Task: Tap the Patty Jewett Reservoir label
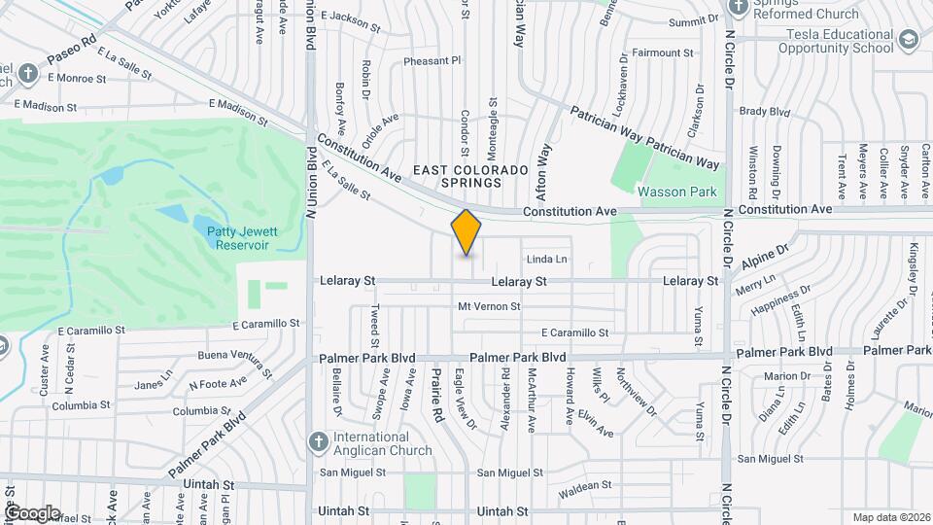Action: click(x=237, y=238)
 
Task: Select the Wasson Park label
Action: click(x=676, y=192)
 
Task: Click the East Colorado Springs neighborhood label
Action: click(x=470, y=176)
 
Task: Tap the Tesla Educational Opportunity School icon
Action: click(x=909, y=40)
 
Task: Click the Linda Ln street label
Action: click(x=546, y=259)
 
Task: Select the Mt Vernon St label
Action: click(x=489, y=306)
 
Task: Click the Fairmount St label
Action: click(x=662, y=52)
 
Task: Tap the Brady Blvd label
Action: click(x=765, y=112)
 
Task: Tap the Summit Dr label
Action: click(x=693, y=19)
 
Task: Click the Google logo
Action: click(x=31, y=513)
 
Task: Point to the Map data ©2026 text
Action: click(x=889, y=517)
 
